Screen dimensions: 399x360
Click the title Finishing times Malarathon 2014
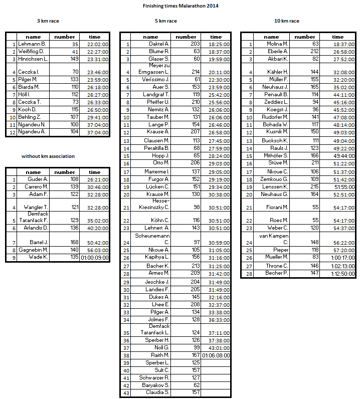[x=181, y=6]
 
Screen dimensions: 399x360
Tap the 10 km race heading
[x=287, y=21]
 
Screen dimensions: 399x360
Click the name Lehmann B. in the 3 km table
[x=32, y=44]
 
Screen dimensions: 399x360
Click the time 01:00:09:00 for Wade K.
[x=95, y=258]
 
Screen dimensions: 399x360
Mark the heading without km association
[x=48, y=156]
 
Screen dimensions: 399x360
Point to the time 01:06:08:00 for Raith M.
[x=216, y=355]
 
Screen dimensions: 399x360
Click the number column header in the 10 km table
[x=305, y=37]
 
